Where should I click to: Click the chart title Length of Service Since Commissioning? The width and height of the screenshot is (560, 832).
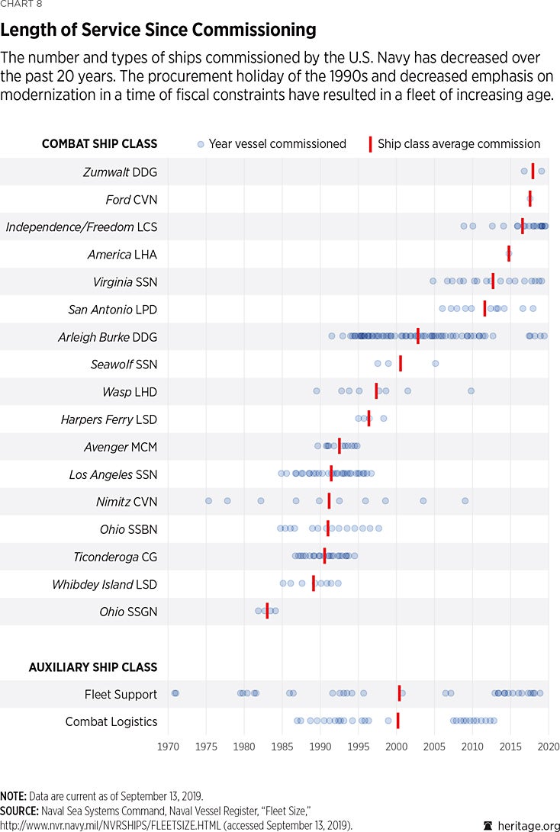pyautogui.click(x=159, y=31)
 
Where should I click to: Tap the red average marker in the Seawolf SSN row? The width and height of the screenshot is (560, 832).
pyautogui.click(x=401, y=364)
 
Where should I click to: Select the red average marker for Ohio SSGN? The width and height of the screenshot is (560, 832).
pyautogui.click(x=267, y=611)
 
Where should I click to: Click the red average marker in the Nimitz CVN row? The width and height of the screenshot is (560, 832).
pyautogui.click(x=330, y=501)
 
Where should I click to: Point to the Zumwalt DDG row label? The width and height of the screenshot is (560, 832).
pyautogui.click(x=120, y=172)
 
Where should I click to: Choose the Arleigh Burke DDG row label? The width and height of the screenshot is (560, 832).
pyautogui.click(x=108, y=337)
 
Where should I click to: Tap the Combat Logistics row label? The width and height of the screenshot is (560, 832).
pyautogui.click(x=111, y=721)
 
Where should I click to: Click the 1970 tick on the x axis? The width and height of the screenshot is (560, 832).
pyautogui.click(x=168, y=747)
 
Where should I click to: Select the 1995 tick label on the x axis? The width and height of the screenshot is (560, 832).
pyautogui.click(x=359, y=747)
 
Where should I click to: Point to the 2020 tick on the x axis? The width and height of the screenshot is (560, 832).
pyautogui.click(x=548, y=747)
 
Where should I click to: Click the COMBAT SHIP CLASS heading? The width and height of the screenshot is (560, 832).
pyautogui.click(x=99, y=143)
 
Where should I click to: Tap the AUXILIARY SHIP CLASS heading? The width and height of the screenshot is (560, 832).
pyautogui.click(x=93, y=667)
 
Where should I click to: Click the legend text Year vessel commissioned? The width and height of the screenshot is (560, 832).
pyautogui.click(x=277, y=143)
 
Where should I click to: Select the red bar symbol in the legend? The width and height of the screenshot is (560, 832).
pyautogui.click(x=371, y=143)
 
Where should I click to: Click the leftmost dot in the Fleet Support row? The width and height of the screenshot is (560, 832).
pyautogui.click(x=175, y=693)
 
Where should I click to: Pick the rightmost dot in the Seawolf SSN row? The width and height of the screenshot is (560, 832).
pyautogui.click(x=436, y=364)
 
